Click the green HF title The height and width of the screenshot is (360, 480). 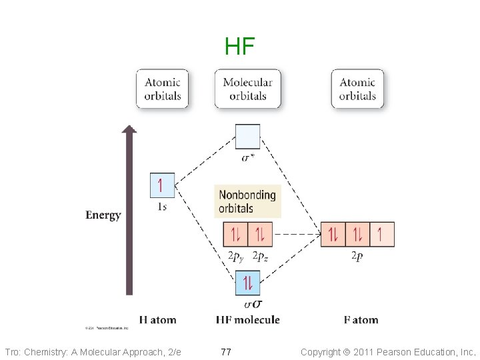coord(239,47)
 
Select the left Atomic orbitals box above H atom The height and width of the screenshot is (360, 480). coord(163,89)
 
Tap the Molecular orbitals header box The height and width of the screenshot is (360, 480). coord(247,89)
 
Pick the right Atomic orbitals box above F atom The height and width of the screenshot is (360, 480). coord(357,89)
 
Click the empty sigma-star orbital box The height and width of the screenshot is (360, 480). coord(247,137)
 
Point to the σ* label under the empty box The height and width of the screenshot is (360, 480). coord(247,158)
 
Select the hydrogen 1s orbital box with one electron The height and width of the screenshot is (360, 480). coord(163,185)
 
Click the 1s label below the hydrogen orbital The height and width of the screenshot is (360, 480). coord(162,207)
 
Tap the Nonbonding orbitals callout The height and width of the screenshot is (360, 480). coord(247,201)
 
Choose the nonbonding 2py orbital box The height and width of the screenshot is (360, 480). coord(235,234)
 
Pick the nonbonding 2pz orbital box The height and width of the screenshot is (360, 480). coord(260,234)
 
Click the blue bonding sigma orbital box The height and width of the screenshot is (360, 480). coord(247,283)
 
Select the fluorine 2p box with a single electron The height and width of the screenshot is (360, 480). coord(381,234)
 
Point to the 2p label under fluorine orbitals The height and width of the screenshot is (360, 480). coord(357,257)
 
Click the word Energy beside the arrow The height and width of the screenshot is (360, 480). coord(103,215)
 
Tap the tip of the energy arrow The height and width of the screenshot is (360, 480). coord(129,129)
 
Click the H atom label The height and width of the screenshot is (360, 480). coord(158,320)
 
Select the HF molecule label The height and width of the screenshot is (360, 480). coord(247,320)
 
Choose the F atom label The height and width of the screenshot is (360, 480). coord(361,320)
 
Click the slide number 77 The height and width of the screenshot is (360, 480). coord(226,351)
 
